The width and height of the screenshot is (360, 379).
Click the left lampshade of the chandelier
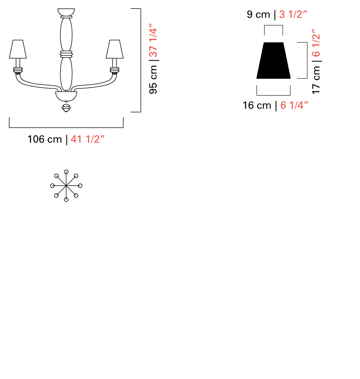tap(18, 49)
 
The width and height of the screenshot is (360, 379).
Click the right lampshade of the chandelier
tap(115, 49)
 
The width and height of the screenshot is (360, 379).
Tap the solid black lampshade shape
tap(273, 60)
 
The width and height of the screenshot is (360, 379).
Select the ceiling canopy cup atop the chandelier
tap(66, 12)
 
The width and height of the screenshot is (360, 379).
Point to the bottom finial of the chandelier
tap(66, 108)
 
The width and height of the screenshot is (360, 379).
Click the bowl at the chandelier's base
tap(66, 96)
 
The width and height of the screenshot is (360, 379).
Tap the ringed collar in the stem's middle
tap(66, 54)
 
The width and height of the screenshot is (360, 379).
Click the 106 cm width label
tap(45, 139)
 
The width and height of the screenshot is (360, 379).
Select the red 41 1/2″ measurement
tap(87, 139)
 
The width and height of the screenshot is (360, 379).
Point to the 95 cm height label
tap(153, 80)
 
